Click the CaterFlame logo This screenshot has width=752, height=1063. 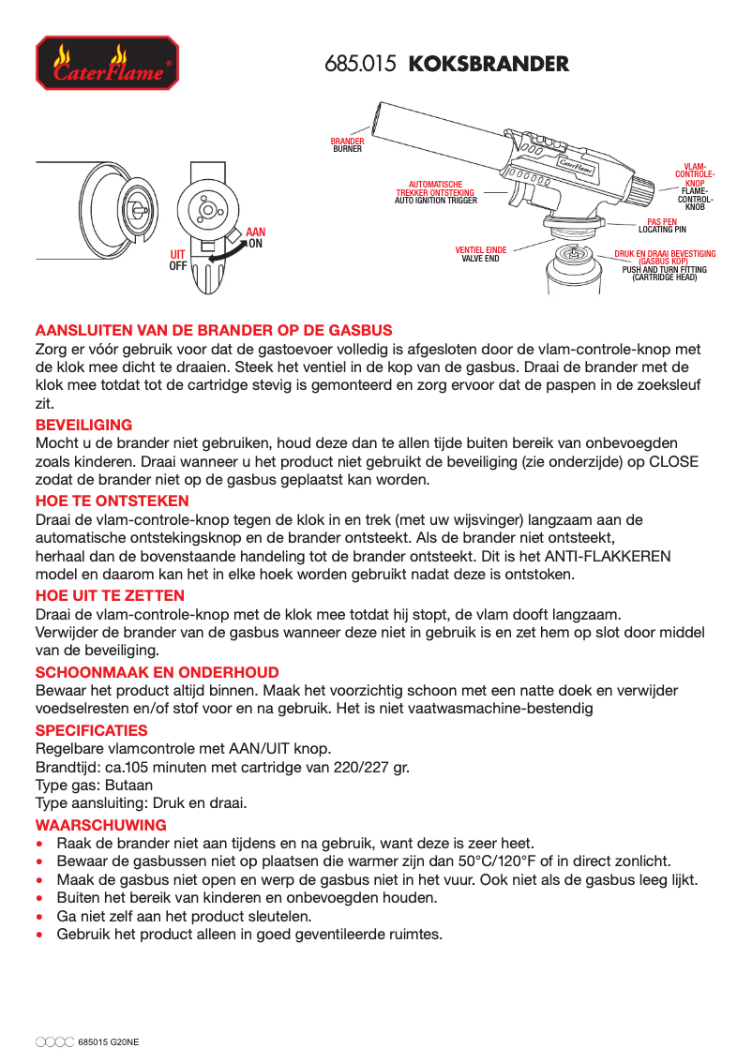click(x=106, y=63)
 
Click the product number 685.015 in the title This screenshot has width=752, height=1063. click(x=361, y=65)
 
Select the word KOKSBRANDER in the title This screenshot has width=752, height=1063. click(x=489, y=65)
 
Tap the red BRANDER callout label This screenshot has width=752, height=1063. click(x=347, y=142)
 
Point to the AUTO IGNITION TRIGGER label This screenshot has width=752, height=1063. click(x=435, y=201)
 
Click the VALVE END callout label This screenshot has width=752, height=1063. click(x=480, y=258)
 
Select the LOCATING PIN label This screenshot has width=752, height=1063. click(x=662, y=229)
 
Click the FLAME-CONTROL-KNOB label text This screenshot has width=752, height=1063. click(x=695, y=200)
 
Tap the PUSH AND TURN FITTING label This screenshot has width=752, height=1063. click(x=665, y=270)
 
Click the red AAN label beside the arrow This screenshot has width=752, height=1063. click(x=256, y=232)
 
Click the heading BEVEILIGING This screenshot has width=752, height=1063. click(x=83, y=425)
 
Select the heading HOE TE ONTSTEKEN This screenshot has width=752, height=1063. click(x=103, y=502)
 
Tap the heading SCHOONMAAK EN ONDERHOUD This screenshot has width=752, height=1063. click(x=157, y=672)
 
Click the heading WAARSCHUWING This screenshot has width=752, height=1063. click(x=100, y=825)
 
